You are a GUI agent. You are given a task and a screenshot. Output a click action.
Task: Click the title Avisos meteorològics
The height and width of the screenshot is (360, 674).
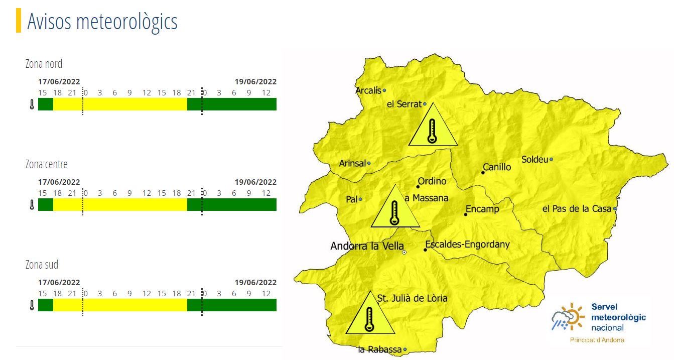click(x=102, y=22)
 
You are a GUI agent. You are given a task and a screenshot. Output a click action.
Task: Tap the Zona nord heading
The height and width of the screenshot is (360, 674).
click(x=44, y=64)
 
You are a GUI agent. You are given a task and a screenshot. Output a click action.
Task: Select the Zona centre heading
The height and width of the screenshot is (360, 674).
click(x=46, y=165)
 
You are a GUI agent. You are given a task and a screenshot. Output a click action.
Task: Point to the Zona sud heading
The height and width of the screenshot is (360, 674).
click(x=42, y=265)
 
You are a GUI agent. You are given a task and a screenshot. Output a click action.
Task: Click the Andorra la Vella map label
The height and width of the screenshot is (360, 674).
click(x=367, y=247)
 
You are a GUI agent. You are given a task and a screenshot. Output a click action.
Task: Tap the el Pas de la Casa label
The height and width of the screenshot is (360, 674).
click(x=577, y=208)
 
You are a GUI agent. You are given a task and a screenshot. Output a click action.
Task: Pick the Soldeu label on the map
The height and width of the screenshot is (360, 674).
click(x=534, y=160)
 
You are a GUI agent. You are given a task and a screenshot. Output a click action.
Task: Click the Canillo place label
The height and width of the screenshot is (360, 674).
click(x=497, y=167)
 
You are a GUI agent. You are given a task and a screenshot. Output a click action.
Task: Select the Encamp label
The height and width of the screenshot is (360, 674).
click(x=482, y=209)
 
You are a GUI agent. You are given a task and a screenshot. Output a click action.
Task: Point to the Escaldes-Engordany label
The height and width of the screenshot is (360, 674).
click(x=467, y=245)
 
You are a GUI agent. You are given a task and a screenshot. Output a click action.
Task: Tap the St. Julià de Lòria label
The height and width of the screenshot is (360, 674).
click(x=412, y=298)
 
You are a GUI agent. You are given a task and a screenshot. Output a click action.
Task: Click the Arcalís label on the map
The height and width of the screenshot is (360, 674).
click(x=368, y=91)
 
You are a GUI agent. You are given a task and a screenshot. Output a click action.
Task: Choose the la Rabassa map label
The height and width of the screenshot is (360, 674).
click(x=380, y=350)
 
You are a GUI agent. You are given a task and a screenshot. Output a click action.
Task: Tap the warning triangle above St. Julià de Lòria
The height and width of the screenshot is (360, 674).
click(x=370, y=316)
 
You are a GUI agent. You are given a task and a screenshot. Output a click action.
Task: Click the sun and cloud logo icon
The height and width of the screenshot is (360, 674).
click(x=568, y=317)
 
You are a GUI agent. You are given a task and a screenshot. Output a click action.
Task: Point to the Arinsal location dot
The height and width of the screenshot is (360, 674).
click(x=369, y=163)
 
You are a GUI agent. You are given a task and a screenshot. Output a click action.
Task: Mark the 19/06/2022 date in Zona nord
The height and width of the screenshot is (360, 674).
click(x=255, y=82)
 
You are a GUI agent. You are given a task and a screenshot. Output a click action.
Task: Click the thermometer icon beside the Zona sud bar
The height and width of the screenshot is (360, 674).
click(x=32, y=305)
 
